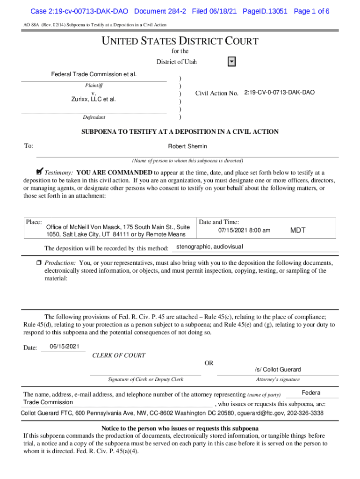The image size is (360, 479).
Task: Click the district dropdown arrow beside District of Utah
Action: tap(231, 62)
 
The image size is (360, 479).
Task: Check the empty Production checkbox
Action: tap(39, 262)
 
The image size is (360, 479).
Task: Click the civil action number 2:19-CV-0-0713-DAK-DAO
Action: tap(279, 93)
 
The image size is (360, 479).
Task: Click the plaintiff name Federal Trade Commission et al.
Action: tap(94, 75)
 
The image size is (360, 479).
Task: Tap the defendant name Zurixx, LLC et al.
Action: tap(94, 99)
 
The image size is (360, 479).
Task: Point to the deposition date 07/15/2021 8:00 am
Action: tap(244, 230)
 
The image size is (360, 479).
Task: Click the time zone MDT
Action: tap(298, 230)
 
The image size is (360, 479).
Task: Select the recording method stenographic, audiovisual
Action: tap(209, 247)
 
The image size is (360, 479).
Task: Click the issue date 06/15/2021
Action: tap(64, 347)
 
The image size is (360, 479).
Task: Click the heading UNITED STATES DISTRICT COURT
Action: tap(180, 41)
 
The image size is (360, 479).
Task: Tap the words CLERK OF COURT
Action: tap(119, 356)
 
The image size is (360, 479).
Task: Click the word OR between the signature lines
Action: tap(209, 363)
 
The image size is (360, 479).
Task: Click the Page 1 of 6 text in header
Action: tap(311, 11)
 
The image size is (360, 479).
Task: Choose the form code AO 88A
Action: tap(31, 25)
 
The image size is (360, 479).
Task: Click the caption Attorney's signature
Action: tap(278, 379)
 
